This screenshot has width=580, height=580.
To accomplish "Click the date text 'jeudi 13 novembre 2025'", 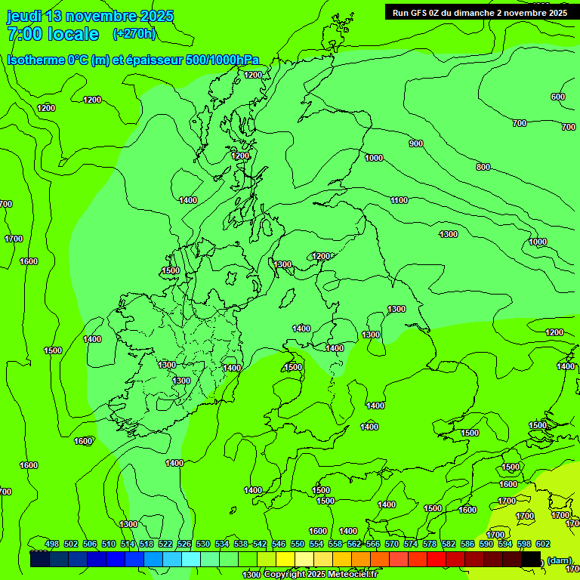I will [90, 16].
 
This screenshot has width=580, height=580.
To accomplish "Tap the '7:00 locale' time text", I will [53, 34].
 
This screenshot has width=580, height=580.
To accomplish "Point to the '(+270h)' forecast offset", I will [134, 33].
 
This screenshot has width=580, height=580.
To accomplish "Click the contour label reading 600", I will [557, 97].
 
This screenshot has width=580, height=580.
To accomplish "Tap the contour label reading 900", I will [415, 143].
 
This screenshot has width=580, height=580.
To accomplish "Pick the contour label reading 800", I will [483, 167].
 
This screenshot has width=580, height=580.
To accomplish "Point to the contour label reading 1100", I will [399, 200].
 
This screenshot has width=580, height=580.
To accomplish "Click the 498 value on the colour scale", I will [52, 544].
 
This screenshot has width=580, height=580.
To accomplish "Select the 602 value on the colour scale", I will [543, 544].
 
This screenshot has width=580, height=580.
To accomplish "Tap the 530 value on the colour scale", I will [203, 544].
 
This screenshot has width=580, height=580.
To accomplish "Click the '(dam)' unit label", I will [559, 560].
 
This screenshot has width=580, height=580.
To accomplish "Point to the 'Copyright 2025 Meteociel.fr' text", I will [320, 575].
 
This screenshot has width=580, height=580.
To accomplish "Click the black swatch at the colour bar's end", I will [531, 559].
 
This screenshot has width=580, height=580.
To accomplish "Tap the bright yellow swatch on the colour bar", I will [285, 559].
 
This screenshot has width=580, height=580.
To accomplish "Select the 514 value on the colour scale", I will [128, 544].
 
